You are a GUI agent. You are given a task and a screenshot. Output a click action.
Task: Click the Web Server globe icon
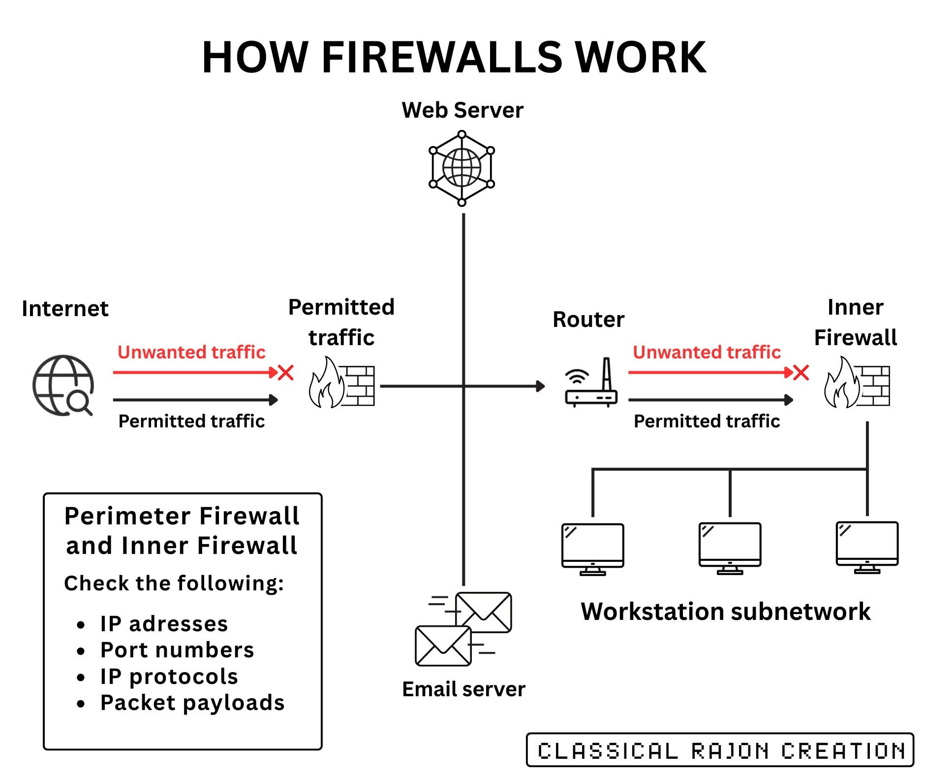pyautogui.click(x=462, y=168)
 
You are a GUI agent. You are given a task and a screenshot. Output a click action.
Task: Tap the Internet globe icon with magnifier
pyautogui.click(x=63, y=386)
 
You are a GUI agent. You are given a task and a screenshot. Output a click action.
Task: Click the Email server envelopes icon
pyautogui.click(x=463, y=629)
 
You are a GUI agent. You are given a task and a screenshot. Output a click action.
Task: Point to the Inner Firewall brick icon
pyautogui.click(x=857, y=383)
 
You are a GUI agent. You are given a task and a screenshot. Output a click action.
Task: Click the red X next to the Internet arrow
pyautogui.click(x=286, y=373)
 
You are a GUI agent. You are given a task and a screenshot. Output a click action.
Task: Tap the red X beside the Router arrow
pyautogui.click(x=801, y=373)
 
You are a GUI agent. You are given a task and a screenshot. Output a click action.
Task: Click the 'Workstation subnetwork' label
pyautogui.click(x=725, y=612)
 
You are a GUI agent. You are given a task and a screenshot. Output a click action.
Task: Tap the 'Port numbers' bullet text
pyautogui.click(x=177, y=650)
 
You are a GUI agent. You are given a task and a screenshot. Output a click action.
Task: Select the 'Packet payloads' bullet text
pyautogui.click(x=192, y=703)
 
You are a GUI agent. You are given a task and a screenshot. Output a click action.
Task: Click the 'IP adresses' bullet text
pyautogui.click(x=164, y=624)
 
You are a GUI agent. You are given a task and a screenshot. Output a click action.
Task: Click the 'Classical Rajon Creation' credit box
pyautogui.click(x=720, y=750)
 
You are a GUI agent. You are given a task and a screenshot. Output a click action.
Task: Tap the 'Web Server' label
pyautogui.click(x=462, y=110)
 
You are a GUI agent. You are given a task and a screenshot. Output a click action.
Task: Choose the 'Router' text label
pyautogui.click(x=588, y=320)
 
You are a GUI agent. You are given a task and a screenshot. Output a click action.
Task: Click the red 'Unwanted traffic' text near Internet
pyautogui.click(x=191, y=352)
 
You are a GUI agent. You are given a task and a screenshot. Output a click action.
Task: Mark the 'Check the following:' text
pyautogui.click(x=174, y=583)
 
